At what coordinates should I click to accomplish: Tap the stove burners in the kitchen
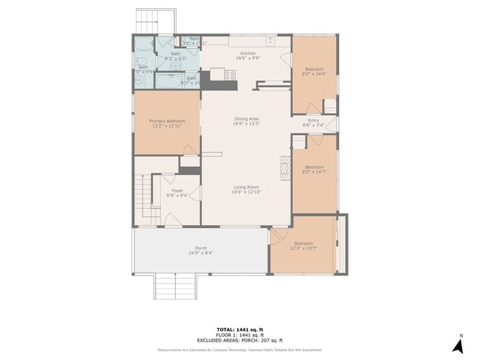(230, 74)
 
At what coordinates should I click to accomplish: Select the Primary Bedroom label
(166, 121)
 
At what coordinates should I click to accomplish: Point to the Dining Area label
(247, 119)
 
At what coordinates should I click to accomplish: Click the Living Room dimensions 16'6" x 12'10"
(247, 192)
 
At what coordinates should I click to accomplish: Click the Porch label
(200, 248)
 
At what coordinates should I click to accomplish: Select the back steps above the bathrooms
(156, 21)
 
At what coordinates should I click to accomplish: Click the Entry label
(313, 120)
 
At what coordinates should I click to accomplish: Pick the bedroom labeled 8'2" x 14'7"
(315, 170)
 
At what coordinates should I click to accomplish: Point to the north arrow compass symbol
(458, 344)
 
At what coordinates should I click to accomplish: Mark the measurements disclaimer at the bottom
(239, 350)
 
